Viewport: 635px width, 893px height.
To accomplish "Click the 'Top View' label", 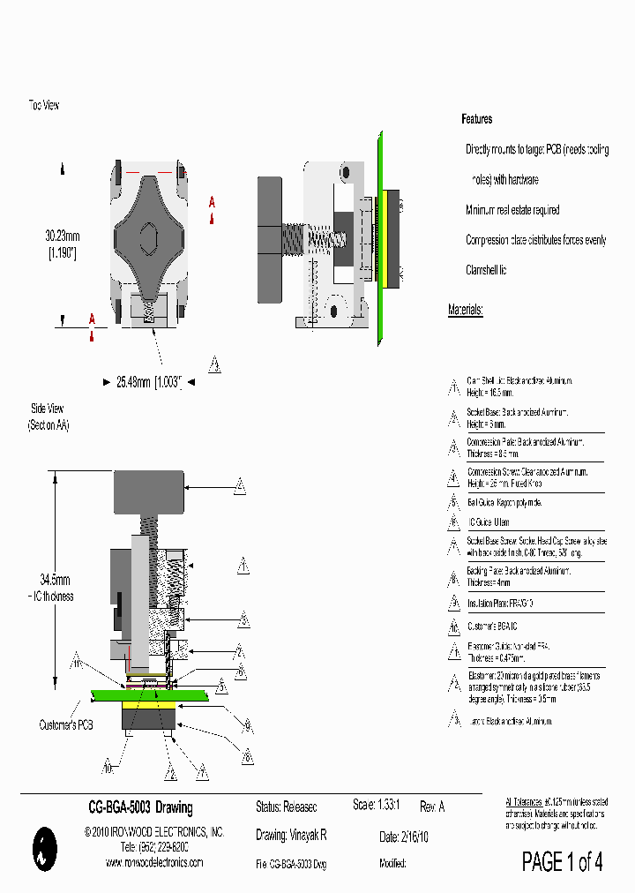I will [43, 105].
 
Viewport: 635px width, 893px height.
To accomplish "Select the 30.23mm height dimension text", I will [63, 236].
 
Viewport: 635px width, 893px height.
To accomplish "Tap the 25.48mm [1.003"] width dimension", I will [148, 382].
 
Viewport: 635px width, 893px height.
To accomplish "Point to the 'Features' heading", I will [477, 119].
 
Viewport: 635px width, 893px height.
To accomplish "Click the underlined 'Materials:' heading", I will [465, 310].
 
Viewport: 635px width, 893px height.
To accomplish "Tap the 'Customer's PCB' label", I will [66, 724].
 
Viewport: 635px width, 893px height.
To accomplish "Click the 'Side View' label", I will [47, 409].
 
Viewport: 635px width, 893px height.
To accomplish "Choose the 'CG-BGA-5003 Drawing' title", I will [140, 807].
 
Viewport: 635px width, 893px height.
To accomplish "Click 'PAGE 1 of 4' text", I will [562, 861].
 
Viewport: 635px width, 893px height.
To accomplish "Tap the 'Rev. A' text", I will [432, 807].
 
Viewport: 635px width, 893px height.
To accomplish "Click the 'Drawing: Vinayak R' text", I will [291, 835].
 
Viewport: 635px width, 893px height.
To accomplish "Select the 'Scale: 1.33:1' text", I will [377, 807].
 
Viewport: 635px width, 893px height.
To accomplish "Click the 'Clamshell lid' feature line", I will [486, 270].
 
